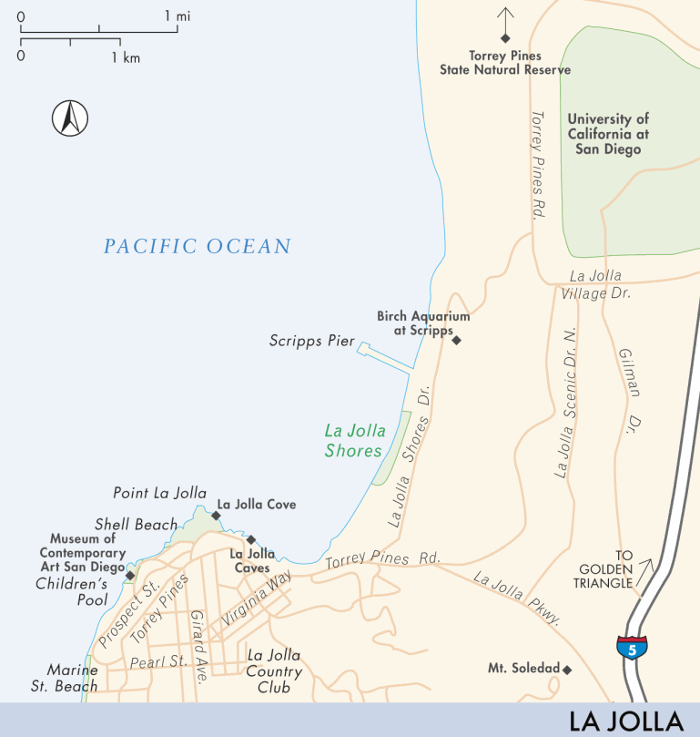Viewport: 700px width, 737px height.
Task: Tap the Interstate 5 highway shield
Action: (x=632, y=646)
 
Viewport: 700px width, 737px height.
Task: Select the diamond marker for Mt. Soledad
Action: (x=566, y=670)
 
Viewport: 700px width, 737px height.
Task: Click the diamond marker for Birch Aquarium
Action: (x=457, y=341)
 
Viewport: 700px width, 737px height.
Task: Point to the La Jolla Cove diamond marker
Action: (x=216, y=516)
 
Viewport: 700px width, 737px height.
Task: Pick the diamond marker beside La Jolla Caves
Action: (x=251, y=539)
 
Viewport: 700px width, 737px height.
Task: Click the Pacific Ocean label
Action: (x=197, y=246)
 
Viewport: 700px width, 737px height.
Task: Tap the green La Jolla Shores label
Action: (x=355, y=440)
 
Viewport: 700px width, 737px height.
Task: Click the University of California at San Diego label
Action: (x=608, y=134)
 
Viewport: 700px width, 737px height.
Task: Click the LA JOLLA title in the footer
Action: (x=625, y=722)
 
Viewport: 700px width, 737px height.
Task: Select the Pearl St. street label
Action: (x=158, y=661)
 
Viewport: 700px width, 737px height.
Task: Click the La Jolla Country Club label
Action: (x=274, y=671)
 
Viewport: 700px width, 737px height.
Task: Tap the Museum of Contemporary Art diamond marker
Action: (x=130, y=576)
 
